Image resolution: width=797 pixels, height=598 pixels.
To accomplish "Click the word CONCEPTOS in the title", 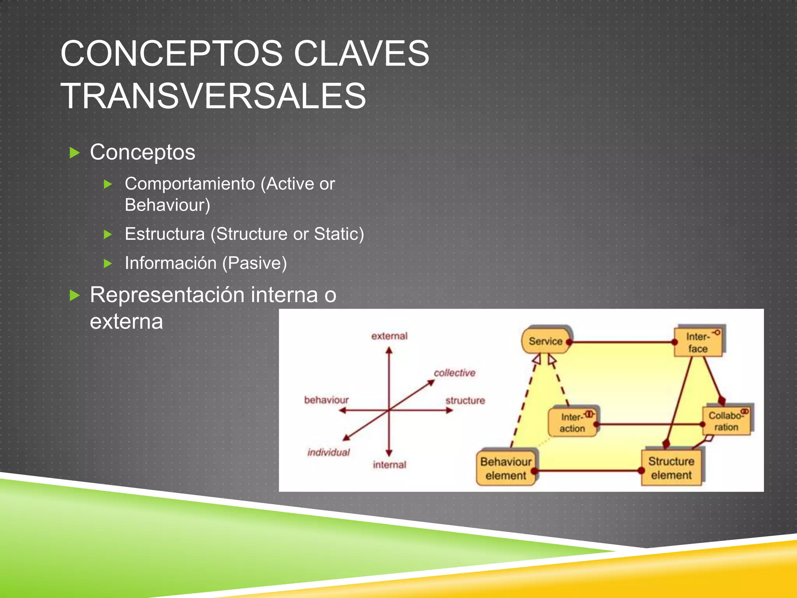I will point(171,53).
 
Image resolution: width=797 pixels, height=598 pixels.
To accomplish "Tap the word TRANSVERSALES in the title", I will point(213,96).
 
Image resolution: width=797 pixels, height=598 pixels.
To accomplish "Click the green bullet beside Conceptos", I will point(74,153).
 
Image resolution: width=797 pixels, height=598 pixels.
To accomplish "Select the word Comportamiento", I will point(190,184).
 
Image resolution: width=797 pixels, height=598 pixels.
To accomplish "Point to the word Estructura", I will point(165,234).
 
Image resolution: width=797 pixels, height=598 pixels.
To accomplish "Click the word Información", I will point(170,263).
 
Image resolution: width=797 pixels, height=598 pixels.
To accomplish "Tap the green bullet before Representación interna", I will point(74,295).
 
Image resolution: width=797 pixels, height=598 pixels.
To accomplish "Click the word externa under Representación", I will point(126,322).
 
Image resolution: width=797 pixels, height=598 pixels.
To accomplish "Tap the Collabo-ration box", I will point(726,421).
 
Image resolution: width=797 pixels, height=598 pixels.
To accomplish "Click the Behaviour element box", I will point(506,468).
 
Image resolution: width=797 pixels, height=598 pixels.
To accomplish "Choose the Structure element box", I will point(671,468).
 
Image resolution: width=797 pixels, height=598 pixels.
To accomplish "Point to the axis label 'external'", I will point(389,336).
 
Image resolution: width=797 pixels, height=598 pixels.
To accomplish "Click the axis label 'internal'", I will point(389,464).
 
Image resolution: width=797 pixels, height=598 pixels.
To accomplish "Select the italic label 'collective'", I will point(455,373).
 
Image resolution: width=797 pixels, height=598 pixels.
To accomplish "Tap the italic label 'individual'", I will point(328,452).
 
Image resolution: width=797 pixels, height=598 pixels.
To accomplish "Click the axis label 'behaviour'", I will point(326,400).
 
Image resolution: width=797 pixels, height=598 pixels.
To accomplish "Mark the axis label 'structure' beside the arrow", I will point(465,400).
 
